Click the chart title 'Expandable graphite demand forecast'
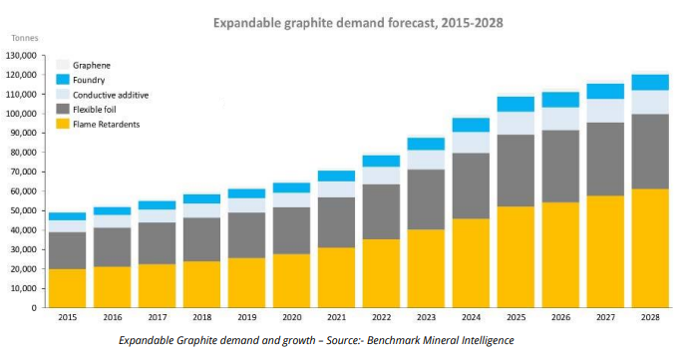(324, 23)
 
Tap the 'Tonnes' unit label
(25, 38)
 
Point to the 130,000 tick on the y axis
(21, 56)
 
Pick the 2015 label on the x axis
(67, 317)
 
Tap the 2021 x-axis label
(337, 317)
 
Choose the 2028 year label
(650, 317)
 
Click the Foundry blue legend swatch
(63, 80)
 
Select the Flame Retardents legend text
(107, 125)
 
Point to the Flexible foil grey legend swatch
(63, 109)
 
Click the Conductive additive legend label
(111, 95)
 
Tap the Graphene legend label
(92, 66)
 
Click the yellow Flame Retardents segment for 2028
(650, 248)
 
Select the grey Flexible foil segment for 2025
(515, 171)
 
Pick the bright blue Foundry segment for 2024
(471, 125)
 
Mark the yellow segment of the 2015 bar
(67, 288)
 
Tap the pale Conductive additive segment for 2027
(605, 111)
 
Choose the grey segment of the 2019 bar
(246, 235)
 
